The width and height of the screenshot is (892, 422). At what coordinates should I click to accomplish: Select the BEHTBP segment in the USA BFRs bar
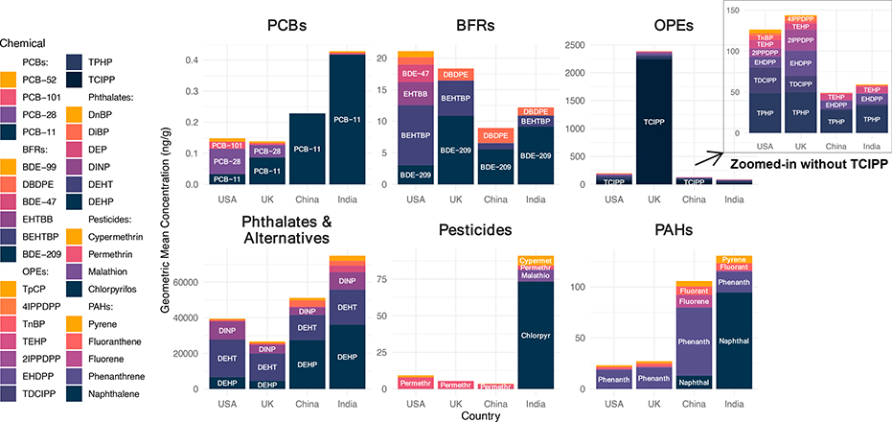[416, 135]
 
